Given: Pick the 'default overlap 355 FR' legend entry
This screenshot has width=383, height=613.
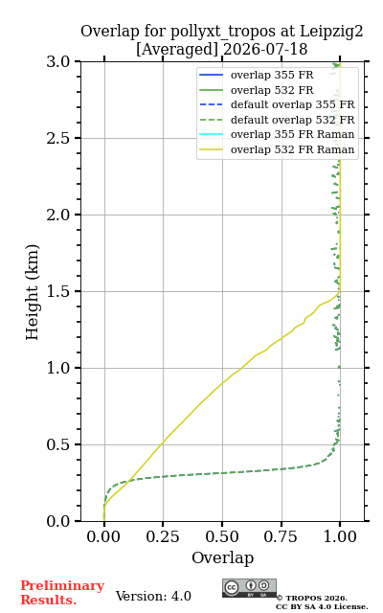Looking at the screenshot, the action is click(277, 104).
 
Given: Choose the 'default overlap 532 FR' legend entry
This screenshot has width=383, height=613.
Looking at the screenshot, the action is click(277, 120).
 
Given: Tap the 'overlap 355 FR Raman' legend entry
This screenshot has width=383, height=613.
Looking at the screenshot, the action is click(277, 134).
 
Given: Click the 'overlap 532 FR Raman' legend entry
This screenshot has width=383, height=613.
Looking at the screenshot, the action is click(277, 149).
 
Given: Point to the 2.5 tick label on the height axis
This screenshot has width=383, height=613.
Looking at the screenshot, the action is click(57, 138).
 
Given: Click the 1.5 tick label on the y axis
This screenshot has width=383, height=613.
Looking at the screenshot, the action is click(57, 291).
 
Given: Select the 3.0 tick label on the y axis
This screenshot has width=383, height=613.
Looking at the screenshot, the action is click(57, 61).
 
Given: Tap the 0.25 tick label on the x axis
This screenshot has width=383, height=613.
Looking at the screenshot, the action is click(163, 536).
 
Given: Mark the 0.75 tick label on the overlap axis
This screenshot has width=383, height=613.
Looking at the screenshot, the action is click(281, 536).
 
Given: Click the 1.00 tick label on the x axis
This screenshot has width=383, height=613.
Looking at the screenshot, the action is click(340, 536).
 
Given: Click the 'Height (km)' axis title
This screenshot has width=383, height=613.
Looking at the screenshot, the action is click(32, 292).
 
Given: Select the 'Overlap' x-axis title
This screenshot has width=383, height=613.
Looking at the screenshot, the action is click(223, 557).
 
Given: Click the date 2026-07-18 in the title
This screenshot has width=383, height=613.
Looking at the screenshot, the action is click(265, 49).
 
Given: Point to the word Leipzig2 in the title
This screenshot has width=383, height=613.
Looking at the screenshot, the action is click(331, 32).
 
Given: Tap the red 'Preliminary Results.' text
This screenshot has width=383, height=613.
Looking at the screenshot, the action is click(62, 593).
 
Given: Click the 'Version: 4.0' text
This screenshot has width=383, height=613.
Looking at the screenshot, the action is click(153, 596).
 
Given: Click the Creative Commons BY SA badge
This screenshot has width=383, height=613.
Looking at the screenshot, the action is click(249, 588).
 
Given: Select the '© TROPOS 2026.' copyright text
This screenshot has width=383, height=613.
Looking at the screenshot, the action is click(312, 598).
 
